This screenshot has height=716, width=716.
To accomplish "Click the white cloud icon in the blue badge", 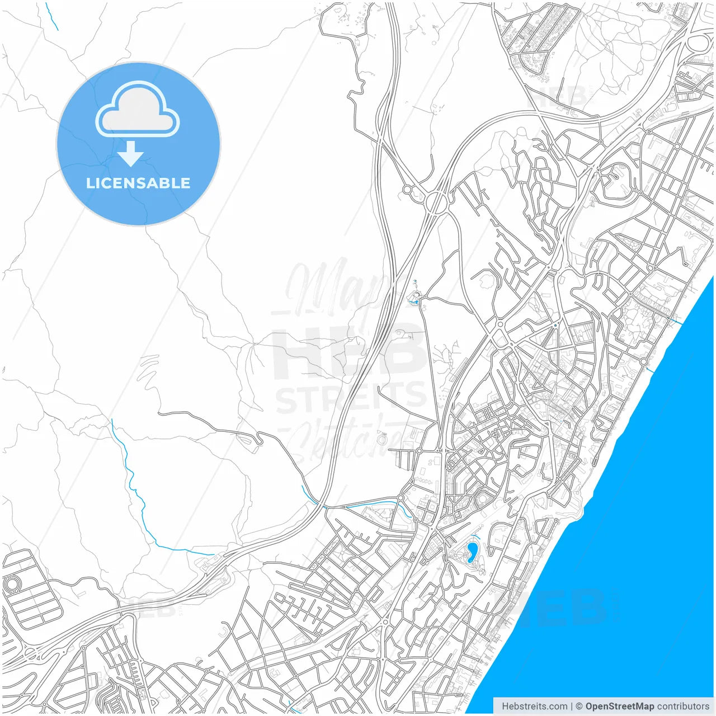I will pos(138,110).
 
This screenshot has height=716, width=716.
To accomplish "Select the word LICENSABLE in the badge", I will pos(138,183).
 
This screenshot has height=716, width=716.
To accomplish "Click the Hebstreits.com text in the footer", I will pos(534,706).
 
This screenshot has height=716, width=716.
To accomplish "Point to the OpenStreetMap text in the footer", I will pos(619,706).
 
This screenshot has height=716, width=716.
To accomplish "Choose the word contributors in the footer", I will pos(683,706).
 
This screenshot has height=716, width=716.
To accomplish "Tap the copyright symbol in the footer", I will pos(579,706).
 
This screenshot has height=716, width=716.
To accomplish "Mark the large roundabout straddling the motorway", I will pos(437,201).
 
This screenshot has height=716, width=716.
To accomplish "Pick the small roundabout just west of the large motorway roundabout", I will pos(407,190).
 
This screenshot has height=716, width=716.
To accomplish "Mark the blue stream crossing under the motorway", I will pos(313,498).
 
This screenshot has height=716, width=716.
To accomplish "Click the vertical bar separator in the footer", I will pos(571,706).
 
